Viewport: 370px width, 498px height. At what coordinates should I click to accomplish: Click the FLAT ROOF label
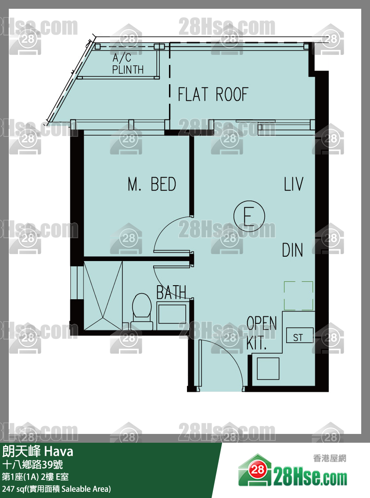(212, 94)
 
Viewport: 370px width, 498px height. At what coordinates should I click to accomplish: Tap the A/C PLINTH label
(128, 64)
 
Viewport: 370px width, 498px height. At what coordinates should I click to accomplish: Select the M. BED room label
(152, 184)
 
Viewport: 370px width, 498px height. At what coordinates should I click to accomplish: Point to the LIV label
(294, 184)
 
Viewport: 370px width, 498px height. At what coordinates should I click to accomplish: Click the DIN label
(292, 250)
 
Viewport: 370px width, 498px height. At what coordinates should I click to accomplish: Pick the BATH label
(171, 292)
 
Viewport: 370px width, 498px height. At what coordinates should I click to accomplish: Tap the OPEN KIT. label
(262, 333)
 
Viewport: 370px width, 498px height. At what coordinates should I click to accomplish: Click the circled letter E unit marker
(249, 216)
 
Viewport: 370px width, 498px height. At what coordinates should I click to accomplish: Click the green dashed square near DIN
(298, 296)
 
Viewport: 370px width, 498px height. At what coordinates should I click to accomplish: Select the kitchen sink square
(268, 369)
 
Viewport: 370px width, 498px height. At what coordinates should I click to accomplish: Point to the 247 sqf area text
(57, 488)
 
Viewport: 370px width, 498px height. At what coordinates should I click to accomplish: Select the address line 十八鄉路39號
(32, 465)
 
